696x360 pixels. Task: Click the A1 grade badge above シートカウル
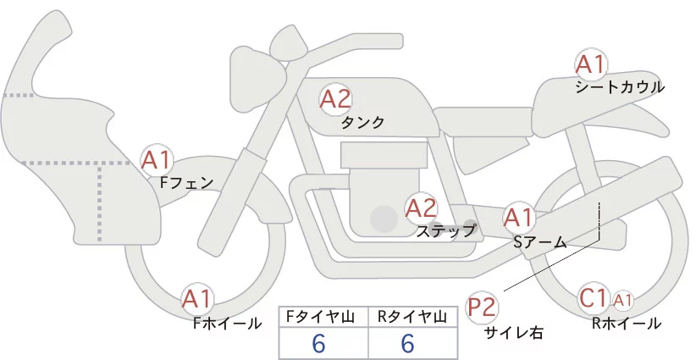pos(590,64)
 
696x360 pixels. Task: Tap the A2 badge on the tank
pos(335,100)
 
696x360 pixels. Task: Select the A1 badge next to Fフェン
pos(157,159)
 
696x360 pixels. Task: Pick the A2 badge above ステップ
pos(421,208)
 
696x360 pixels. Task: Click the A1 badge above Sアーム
pos(519,218)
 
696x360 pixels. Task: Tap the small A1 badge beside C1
pos(622,299)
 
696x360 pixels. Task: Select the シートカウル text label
pos(620,86)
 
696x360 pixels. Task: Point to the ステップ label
pos(446,230)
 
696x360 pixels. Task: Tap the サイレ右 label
pos(514,333)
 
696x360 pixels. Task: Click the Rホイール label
pos(627,323)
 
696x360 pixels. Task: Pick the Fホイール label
pos(228,323)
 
